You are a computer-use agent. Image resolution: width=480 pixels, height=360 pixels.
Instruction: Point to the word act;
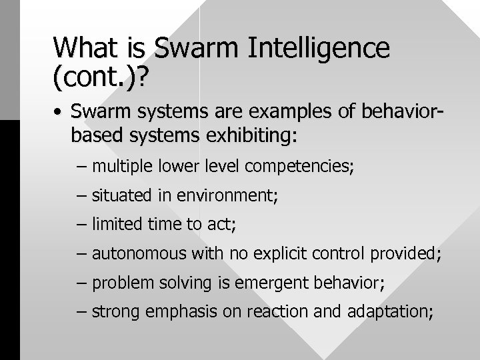pos(221,225)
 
